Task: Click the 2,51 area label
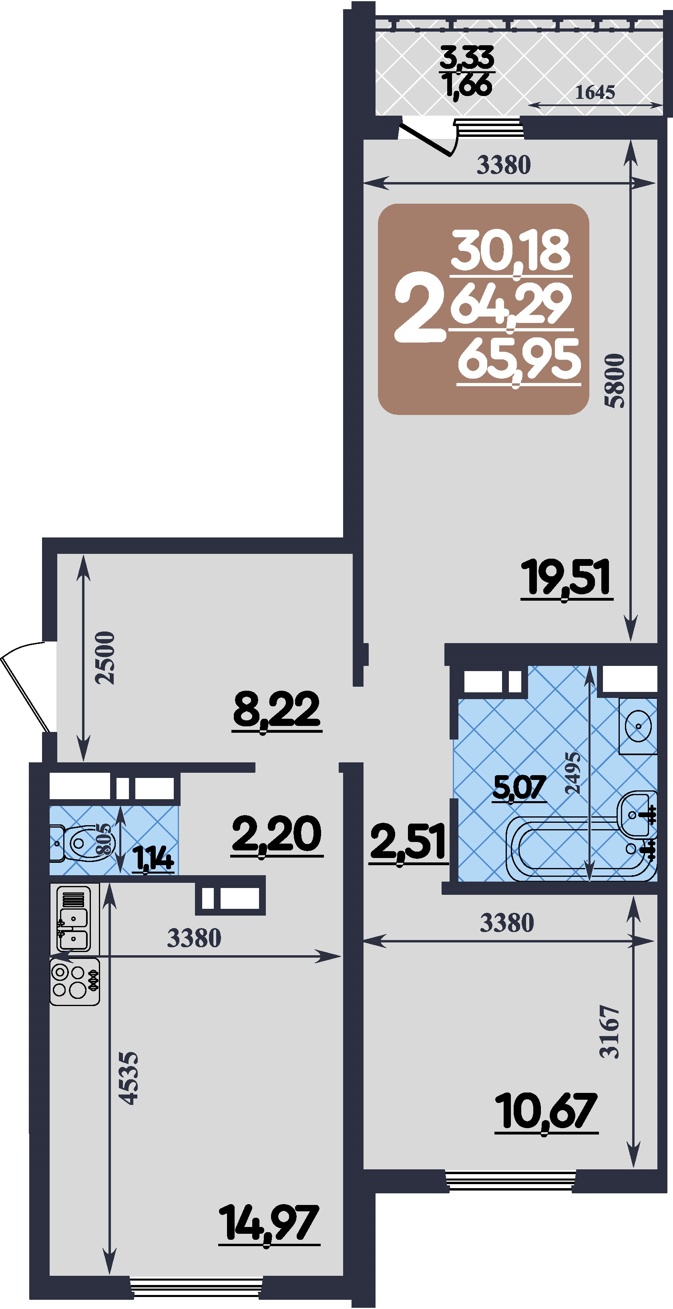(x=408, y=842)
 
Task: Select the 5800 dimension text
(x=614, y=380)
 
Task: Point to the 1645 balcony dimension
(x=595, y=92)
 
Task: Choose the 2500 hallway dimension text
(x=105, y=658)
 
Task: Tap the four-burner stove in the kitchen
(x=75, y=981)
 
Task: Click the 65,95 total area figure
(x=518, y=359)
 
